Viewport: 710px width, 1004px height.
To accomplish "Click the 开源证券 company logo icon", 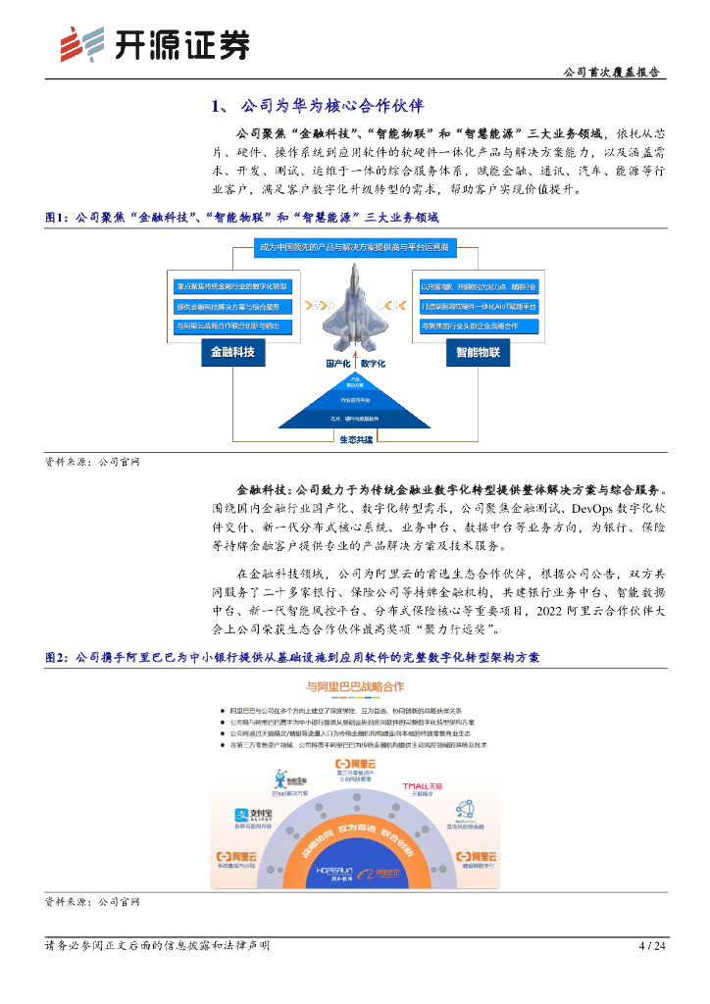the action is pos(80,44).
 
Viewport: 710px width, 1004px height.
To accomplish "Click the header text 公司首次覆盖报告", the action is pos(612,73).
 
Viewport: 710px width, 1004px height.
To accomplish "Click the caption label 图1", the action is pos(58,217).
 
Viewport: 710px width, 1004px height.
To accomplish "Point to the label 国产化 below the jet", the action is pos(338,363).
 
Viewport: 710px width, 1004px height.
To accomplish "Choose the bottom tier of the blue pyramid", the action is pos(355,418).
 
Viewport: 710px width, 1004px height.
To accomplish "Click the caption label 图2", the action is pos(58,657).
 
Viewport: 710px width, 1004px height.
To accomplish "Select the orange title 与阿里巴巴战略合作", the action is pos(355,686).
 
